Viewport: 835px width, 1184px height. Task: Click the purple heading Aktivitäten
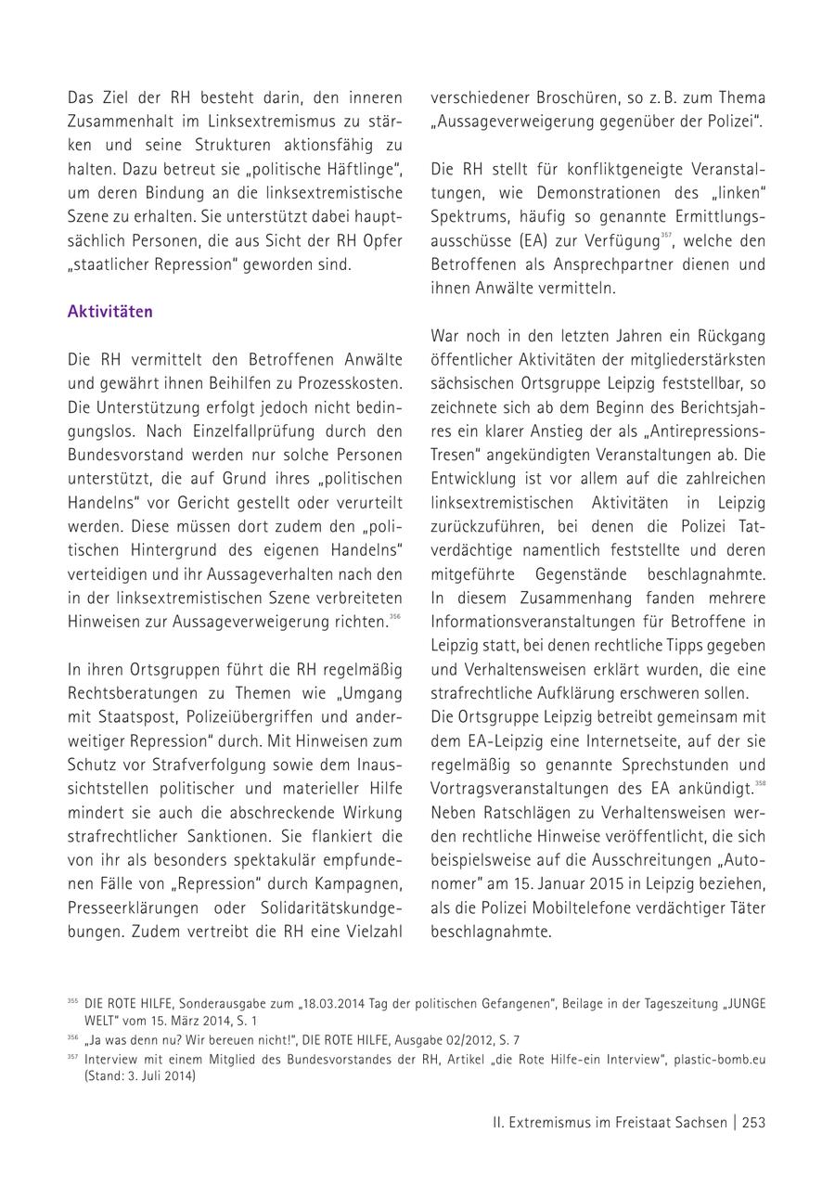(x=109, y=312)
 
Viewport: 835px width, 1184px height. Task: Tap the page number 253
(x=753, y=1122)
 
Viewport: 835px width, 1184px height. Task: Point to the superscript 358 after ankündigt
(x=760, y=784)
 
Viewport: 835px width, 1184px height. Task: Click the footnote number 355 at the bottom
(x=72, y=1002)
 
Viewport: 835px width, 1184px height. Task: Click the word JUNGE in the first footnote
(x=747, y=1004)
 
